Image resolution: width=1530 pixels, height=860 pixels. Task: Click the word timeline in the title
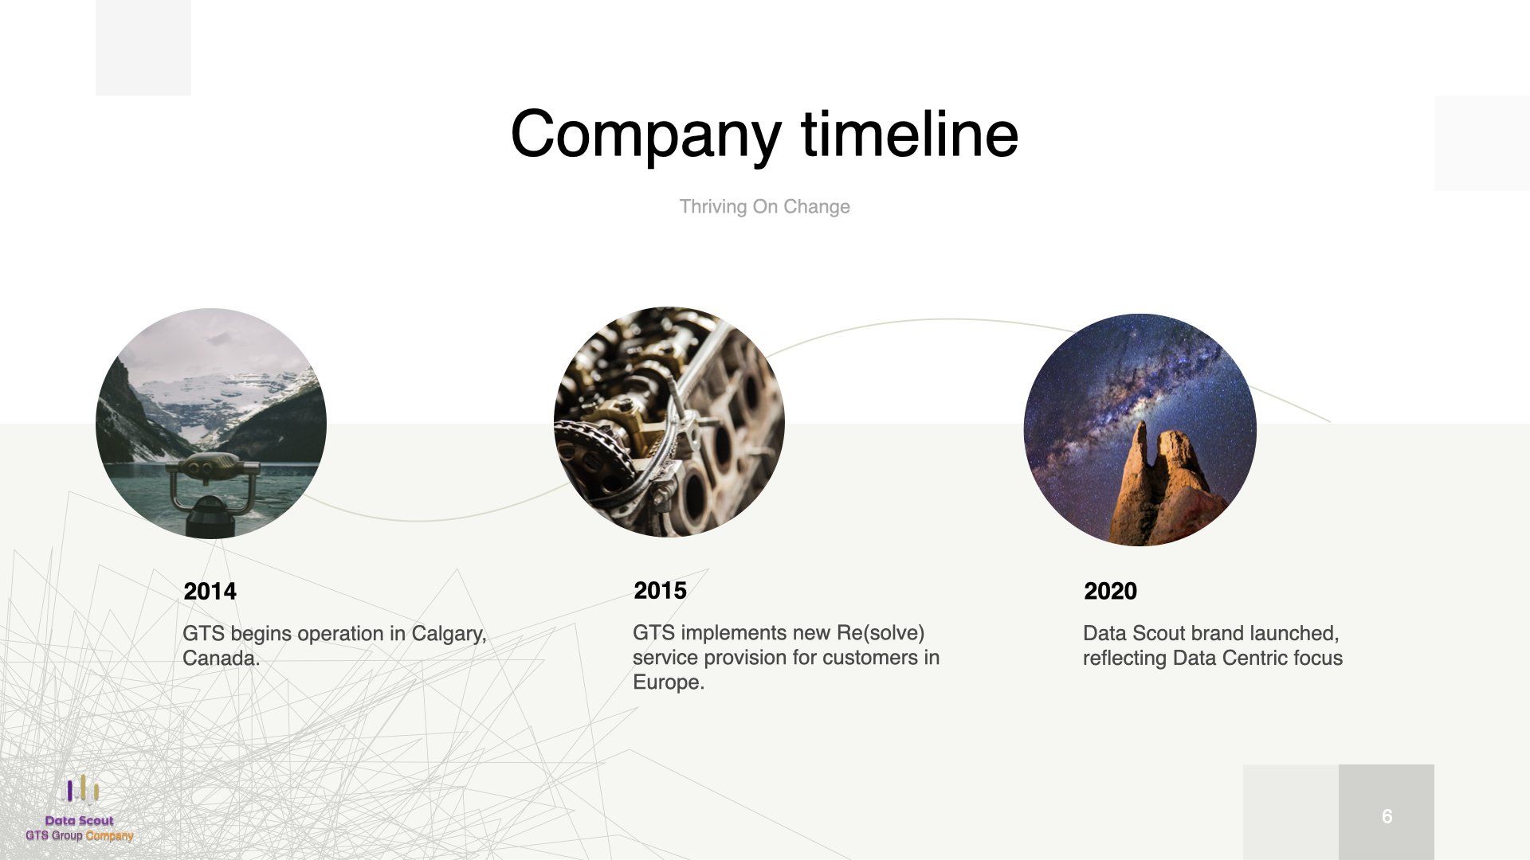click(910, 133)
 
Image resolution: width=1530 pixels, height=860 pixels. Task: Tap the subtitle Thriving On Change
click(764, 206)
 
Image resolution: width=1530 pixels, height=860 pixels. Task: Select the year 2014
click(210, 591)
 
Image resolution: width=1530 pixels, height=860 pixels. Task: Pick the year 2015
click(660, 590)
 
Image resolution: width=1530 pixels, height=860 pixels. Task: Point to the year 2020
click(1110, 591)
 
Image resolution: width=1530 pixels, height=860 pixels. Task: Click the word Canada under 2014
click(222, 659)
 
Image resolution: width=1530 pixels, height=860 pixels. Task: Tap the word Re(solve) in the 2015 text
click(881, 633)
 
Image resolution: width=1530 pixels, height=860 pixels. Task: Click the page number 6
click(1387, 816)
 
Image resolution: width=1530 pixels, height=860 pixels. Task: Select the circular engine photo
click(669, 422)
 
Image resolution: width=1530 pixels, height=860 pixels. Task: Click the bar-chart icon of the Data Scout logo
click(80, 790)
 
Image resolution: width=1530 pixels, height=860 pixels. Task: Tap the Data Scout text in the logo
click(80, 820)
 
